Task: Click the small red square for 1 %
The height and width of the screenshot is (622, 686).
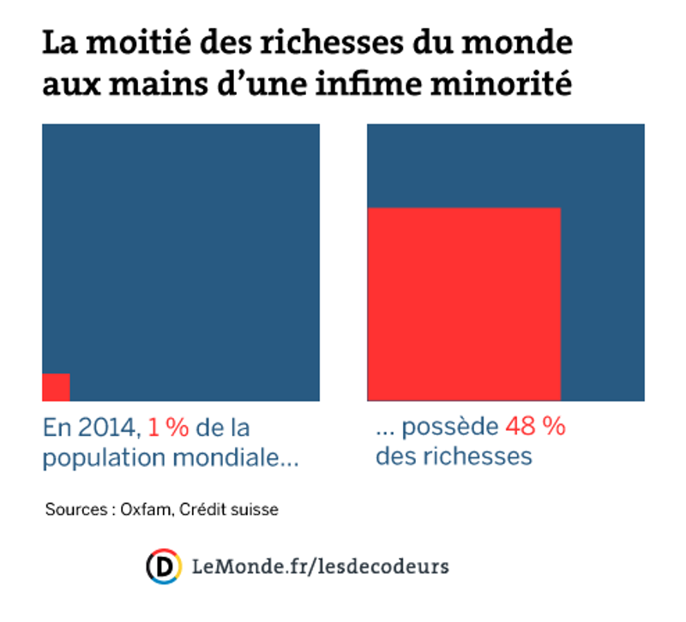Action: click(56, 387)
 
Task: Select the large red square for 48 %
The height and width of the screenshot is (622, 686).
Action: click(464, 304)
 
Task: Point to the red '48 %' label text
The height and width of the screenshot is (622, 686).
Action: click(535, 427)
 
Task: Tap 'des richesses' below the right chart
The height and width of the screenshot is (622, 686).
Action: click(454, 456)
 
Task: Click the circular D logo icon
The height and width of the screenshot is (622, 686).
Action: click(163, 566)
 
